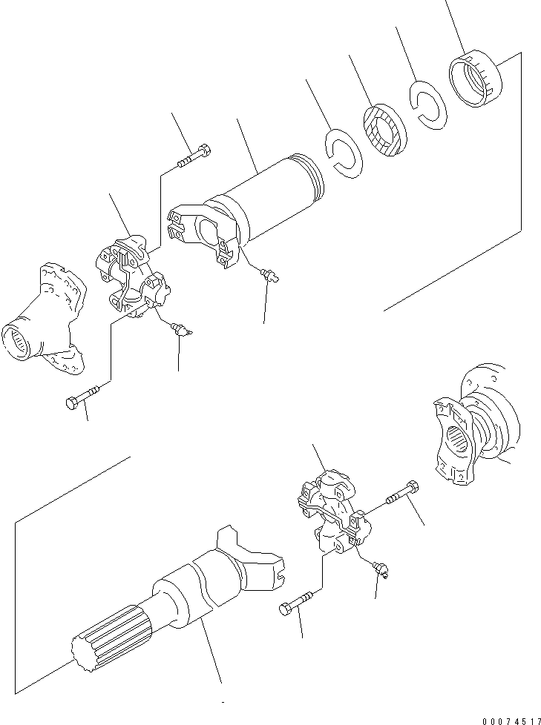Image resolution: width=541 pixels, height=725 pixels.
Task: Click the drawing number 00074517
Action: point(511,721)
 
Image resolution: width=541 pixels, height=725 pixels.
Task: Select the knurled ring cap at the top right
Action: point(476,78)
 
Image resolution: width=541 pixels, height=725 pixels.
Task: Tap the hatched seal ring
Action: point(385,130)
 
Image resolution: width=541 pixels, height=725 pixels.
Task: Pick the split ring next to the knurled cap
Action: point(428,105)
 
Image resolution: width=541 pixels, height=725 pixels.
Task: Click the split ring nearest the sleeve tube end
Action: point(344,153)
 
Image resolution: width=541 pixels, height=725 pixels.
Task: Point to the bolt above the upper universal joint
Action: point(194,156)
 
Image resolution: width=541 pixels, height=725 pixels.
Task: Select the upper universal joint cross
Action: point(133,277)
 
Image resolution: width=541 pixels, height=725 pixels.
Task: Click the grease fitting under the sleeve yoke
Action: point(270,276)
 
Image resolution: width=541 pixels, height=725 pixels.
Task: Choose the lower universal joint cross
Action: point(334,511)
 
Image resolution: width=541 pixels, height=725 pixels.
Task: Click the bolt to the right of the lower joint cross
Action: point(401,493)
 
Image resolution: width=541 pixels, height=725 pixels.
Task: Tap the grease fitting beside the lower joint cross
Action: point(381,569)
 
